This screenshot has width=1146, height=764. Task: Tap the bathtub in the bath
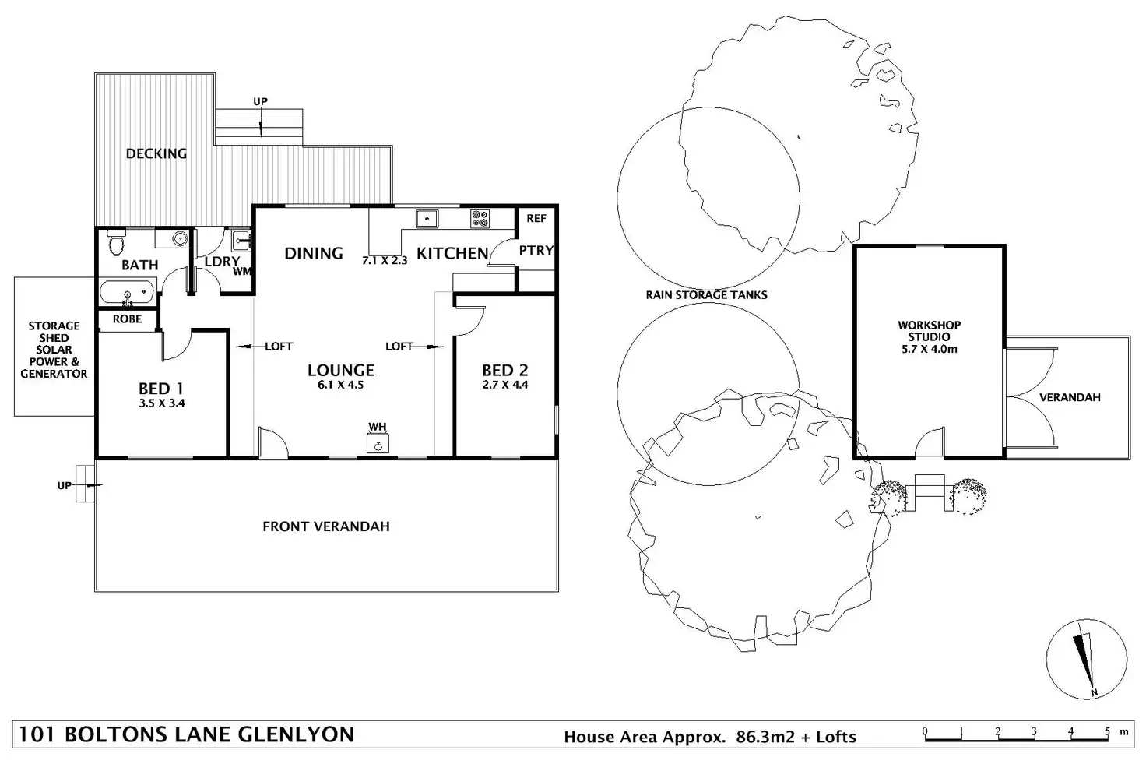tap(128, 293)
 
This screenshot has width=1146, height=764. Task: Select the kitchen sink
tap(427, 219)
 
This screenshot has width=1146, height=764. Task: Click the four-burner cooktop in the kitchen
tap(480, 219)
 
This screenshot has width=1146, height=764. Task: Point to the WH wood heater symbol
tap(378, 443)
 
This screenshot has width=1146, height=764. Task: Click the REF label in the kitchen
tap(536, 219)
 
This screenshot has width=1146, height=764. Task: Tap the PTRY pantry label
tap(536, 250)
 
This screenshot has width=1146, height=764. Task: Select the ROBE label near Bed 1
tap(128, 319)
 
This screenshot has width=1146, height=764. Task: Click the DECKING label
tap(156, 153)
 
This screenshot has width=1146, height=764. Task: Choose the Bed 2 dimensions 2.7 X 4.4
tap(505, 385)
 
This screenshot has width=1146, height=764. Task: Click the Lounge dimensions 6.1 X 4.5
tap(341, 385)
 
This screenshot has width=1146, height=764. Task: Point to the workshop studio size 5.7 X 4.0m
tap(929, 349)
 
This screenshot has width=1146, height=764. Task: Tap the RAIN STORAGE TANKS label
tap(707, 294)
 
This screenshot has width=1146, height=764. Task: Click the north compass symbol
tap(1087, 659)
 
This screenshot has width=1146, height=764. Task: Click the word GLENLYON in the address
tap(296, 734)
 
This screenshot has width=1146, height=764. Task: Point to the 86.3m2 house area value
tap(765, 737)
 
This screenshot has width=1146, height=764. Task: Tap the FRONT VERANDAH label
tap(326, 526)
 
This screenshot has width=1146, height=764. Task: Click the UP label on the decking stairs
tap(260, 101)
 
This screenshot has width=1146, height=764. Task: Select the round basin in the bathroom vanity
tap(180, 238)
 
